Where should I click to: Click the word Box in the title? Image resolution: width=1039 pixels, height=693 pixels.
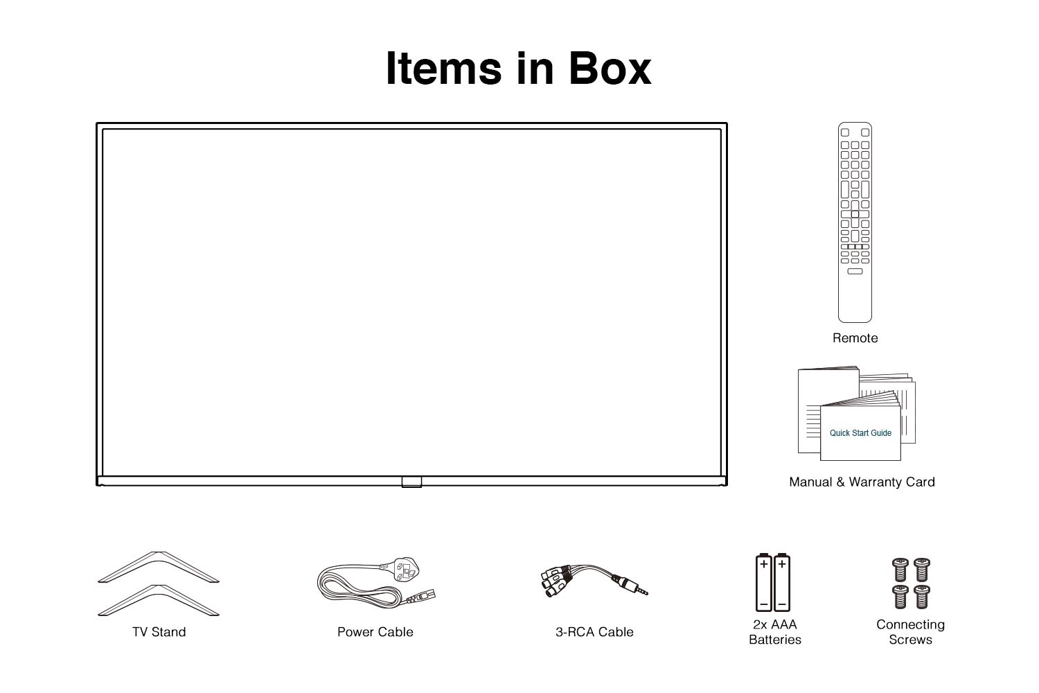tap(610, 68)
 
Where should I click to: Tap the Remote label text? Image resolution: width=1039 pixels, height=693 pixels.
tap(855, 338)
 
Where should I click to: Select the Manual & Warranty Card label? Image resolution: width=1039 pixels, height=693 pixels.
tap(862, 482)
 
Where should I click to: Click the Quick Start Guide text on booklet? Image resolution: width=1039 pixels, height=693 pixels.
tap(860, 433)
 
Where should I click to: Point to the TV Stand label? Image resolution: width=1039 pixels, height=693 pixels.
tap(159, 632)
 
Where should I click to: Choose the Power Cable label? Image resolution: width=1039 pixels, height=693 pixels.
tap(375, 632)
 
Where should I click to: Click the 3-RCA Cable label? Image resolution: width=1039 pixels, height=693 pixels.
tap(594, 632)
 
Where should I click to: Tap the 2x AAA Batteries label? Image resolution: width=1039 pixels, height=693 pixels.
tap(774, 632)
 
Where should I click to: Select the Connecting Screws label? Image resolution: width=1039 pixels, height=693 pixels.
tap(910, 632)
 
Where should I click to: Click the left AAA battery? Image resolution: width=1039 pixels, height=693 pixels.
tap(764, 582)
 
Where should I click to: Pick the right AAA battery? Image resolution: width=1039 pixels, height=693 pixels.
tap(782, 582)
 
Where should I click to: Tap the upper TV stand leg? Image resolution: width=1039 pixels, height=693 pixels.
tap(159, 565)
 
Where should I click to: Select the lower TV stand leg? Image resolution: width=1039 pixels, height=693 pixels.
tap(159, 598)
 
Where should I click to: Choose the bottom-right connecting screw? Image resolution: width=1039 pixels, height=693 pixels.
tap(921, 596)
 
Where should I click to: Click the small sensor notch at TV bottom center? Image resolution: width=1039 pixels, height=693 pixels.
tap(411, 481)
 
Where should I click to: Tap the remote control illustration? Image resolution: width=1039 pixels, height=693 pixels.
tap(855, 222)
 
